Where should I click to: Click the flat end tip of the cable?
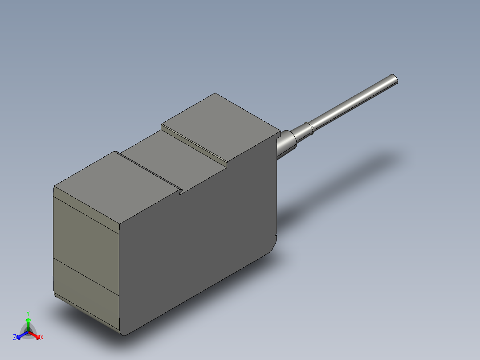tap(394, 79)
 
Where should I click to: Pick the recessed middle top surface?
tap(171, 160)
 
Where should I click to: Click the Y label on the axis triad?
tap(28, 313)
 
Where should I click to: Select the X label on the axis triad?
tap(42, 338)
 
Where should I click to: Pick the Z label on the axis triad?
tap(15, 338)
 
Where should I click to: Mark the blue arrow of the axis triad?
tap(20, 335)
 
